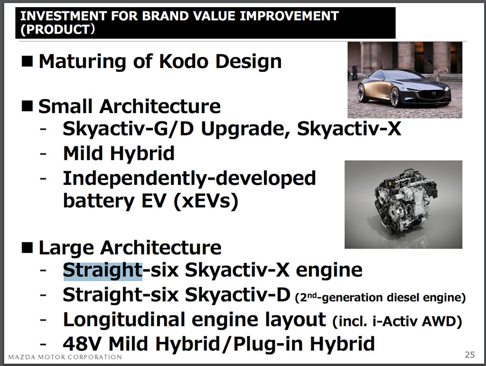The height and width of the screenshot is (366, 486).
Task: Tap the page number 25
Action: [469, 355]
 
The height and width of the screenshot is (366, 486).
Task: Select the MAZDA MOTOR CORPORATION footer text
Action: [65, 357]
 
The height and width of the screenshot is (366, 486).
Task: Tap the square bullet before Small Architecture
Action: [27, 106]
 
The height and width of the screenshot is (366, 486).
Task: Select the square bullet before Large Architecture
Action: [27, 248]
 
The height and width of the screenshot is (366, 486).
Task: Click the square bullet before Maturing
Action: [27, 61]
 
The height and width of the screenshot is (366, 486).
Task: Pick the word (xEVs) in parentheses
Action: [206, 201]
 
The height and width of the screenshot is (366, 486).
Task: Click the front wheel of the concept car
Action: [395, 96]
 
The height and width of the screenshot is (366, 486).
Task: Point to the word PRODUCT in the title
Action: [57, 29]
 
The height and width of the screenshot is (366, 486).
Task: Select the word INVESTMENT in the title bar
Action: [64, 16]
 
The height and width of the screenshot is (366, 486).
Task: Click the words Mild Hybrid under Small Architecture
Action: [119, 154]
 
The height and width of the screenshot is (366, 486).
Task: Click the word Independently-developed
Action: [189, 178]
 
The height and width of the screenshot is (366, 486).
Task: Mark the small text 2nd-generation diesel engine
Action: [380, 298]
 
